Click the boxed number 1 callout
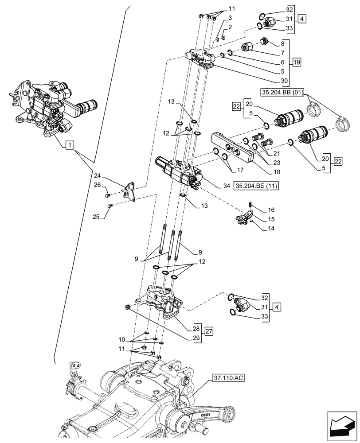tap(69, 145)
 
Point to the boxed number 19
tap(296, 62)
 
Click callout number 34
tap(227, 186)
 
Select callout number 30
tap(284, 81)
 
